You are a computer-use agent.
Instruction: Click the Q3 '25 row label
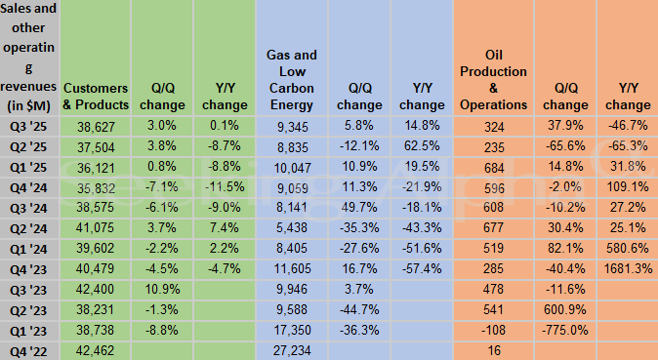pyautogui.click(x=29, y=126)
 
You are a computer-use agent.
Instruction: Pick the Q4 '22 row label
pyautogui.click(x=29, y=350)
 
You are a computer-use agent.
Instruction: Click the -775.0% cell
pyautogui.click(x=565, y=330)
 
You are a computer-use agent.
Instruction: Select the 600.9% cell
pyautogui.click(x=565, y=309)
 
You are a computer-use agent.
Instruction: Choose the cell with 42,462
pyautogui.click(x=95, y=350)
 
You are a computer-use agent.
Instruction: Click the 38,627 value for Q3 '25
pyautogui.click(x=95, y=126)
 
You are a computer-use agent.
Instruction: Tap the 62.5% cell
pyautogui.click(x=421, y=146)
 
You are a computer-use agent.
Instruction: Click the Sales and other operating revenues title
pyautogui.click(x=29, y=59)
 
